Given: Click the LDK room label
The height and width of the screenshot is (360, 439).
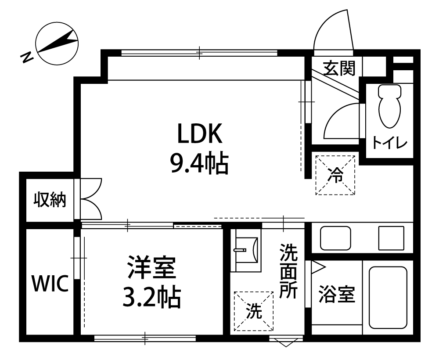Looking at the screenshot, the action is click(200, 133).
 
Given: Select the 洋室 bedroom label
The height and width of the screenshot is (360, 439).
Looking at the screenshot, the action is click(151, 267).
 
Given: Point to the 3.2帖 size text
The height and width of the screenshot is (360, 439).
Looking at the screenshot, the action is click(151, 298).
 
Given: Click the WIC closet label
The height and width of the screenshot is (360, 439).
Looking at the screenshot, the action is click(50, 283).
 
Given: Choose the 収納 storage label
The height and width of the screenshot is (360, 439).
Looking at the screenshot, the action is click(50, 200).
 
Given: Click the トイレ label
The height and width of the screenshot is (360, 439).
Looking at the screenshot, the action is click(389, 143).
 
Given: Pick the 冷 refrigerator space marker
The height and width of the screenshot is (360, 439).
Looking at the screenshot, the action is click(335, 175).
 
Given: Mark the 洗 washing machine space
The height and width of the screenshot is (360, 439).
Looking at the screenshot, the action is click(254, 311).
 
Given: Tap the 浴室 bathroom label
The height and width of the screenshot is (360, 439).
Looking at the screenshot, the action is click(337, 294).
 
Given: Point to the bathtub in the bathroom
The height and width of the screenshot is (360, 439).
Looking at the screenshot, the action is click(388, 297).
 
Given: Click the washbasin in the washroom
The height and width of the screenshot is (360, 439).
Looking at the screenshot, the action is click(246, 250).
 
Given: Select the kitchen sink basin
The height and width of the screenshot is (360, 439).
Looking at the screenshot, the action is click(335, 238).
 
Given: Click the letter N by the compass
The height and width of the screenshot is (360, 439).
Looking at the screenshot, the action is click(27, 57).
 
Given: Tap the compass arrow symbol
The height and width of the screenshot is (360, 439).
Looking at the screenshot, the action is click(57, 42).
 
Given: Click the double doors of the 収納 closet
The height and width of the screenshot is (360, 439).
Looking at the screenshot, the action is click(91, 199).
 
